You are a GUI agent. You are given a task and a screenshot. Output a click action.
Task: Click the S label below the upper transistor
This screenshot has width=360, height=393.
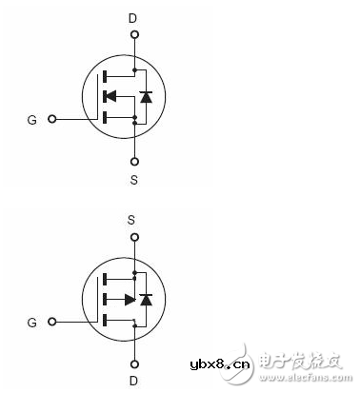pyautogui.click(x=134, y=177)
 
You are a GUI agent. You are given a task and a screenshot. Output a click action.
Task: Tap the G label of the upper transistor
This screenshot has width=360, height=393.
pyautogui.click(x=31, y=120)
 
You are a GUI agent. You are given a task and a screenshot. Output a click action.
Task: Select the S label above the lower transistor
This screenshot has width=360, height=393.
pyautogui.click(x=133, y=220)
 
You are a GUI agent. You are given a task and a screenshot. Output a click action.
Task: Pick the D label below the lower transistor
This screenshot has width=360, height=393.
pyautogui.click(x=133, y=380)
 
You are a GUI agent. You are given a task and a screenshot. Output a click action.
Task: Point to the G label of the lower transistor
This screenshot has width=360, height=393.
pyautogui.click(x=31, y=324)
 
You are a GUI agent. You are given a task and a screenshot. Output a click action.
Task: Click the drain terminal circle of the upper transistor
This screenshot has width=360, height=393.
pyautogui.click(x=134, y=36)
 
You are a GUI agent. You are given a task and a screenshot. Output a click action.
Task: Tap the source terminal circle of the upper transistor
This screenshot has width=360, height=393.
pyautogui.click(x=134, y=159)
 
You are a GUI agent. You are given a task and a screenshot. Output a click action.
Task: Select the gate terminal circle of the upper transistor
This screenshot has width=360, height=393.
pyautogui.click(x=51, y=120)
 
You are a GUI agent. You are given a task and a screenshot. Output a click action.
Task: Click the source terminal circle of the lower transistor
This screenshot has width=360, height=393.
pyautogui.click(x=133, y=238)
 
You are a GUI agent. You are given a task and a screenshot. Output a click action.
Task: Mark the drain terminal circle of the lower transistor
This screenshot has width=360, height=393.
pyautogui.click(x=133, y=362)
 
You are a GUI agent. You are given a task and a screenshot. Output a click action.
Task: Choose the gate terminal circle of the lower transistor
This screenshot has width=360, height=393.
pyautogui.click(x=51, y=324)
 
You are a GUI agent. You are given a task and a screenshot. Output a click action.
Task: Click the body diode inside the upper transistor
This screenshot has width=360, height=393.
pyautogui.click(x=145, y=96)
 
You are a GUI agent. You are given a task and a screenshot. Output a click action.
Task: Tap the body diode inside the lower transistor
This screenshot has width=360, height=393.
pyautogui.click(x=145, y=300)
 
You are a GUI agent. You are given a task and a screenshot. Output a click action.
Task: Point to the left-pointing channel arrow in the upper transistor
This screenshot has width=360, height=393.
pyautogui.click(x=110, y=96)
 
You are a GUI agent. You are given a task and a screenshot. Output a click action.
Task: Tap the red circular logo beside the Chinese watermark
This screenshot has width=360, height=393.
pyautogui.click(x=269, y=362)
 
